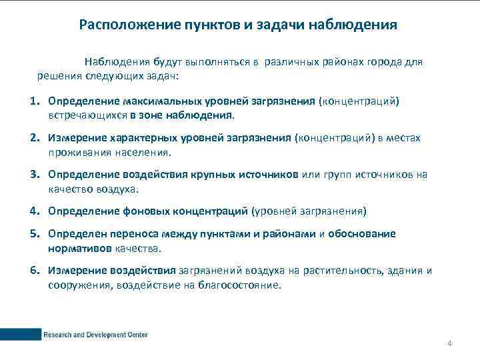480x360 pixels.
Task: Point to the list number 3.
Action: (33, 175)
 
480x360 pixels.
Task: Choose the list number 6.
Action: (33, 271)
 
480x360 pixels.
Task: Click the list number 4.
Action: (33, 211)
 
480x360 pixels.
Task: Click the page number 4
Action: (449, 343)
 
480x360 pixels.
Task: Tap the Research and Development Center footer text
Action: (95, 334)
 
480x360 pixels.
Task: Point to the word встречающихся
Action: (87, 115)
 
